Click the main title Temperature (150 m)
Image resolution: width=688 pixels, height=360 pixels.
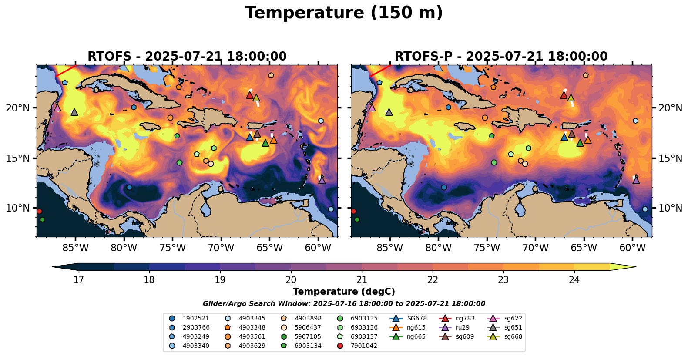344,13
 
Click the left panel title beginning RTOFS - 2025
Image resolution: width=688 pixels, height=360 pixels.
187,57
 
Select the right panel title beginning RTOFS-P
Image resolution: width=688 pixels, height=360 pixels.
501,57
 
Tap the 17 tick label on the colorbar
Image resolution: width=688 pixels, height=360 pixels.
78,279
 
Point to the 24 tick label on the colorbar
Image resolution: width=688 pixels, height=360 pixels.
574,279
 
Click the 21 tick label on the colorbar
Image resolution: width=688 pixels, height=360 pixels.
362,279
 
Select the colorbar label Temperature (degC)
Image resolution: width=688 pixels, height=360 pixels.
344,292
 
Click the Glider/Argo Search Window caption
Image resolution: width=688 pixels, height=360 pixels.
344,304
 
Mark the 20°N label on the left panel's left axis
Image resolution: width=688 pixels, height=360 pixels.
18,108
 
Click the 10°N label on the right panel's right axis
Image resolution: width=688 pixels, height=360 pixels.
670,208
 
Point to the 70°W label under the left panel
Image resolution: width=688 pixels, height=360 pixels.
221,248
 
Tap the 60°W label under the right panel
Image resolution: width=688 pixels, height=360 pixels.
632,248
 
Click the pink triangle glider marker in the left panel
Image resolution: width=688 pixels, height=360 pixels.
57,108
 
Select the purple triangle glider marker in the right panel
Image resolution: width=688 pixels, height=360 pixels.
636,180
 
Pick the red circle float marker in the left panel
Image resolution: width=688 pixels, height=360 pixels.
39,211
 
